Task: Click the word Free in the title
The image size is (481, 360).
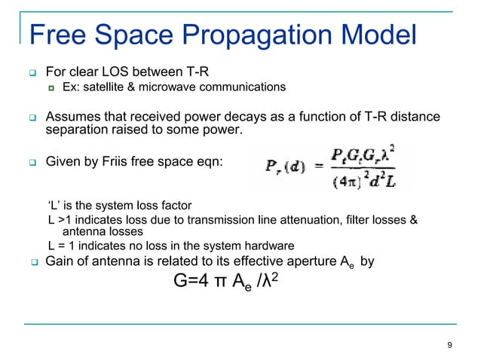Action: click(55, 35)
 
